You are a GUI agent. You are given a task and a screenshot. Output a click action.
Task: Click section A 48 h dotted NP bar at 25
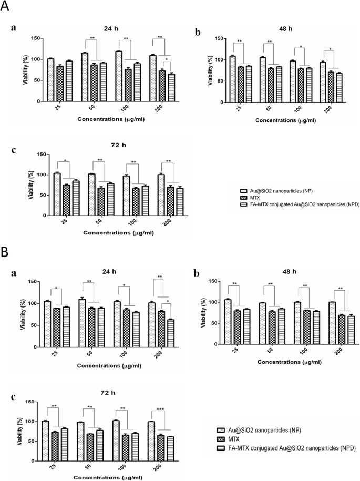click(232, 78)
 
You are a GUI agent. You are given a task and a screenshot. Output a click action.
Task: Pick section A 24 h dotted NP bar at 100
click(118, 76)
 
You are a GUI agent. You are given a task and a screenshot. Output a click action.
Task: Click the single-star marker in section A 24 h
click(167, 59)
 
